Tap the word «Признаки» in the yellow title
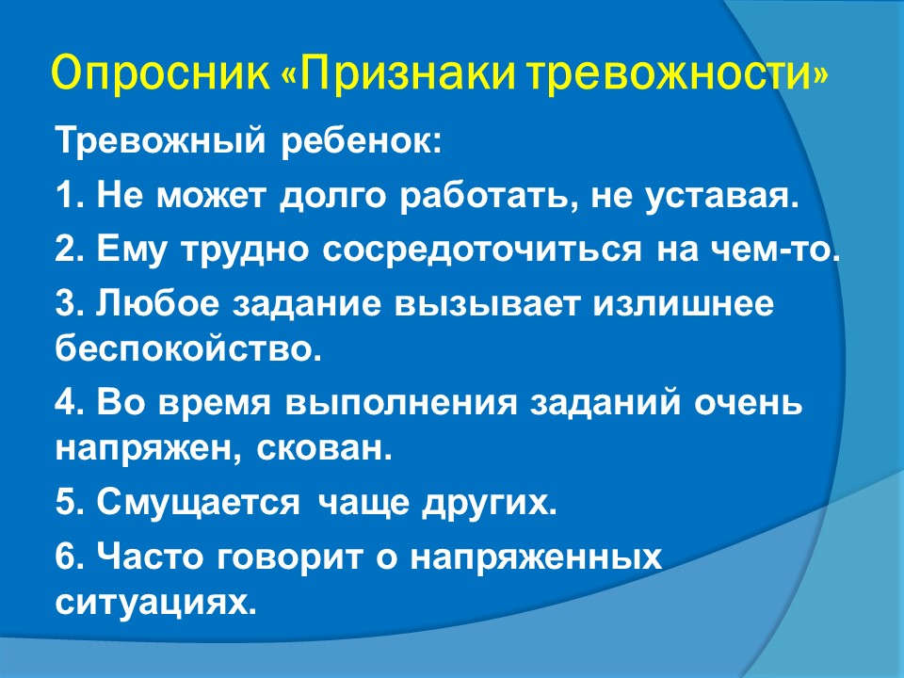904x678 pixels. tap(407, 73)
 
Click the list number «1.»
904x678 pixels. tap(71, 196)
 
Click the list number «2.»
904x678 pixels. tap(71, 250)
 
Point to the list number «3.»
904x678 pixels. tap(71, 304)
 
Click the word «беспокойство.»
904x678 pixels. tap(188, 348)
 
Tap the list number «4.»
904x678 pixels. tap(71, 402)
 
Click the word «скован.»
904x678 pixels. tap(323, 448)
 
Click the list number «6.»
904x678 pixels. tap(71, 557)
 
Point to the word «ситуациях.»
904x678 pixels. tap(155, 603)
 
